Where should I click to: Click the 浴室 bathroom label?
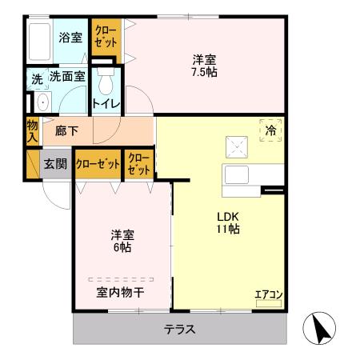point(70,38)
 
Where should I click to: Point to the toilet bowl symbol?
point(104,83)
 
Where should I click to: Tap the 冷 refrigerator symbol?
point(270,130)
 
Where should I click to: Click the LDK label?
point(226,215)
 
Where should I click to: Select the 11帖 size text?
point(226,230)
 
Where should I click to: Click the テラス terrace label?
point(181,330)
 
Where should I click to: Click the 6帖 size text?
point(122,248)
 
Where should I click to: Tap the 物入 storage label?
point(32,130)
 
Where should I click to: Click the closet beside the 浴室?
point(105,38)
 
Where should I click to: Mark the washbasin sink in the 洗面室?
point(40,102)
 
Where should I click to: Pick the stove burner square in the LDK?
point(238,146)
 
